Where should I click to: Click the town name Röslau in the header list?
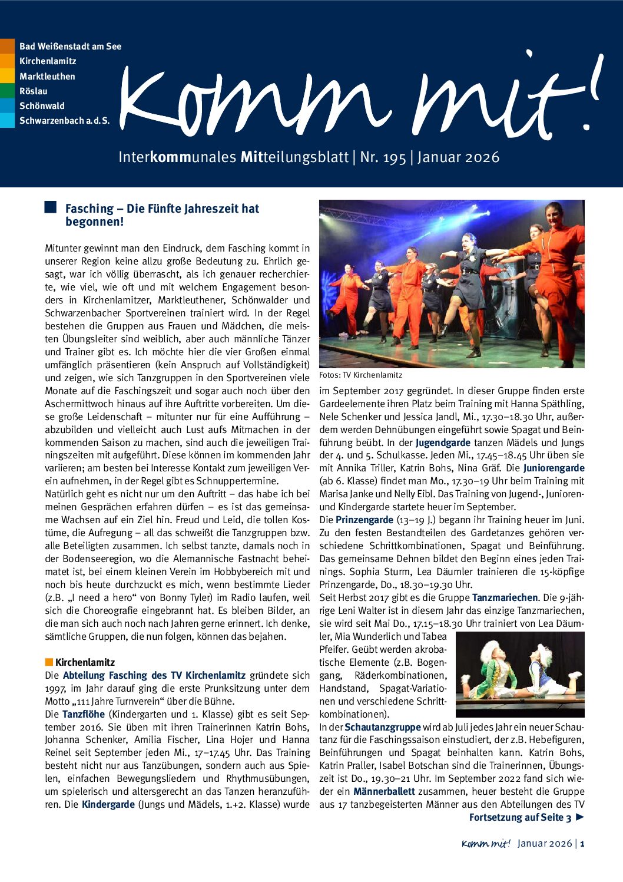coord(34,91)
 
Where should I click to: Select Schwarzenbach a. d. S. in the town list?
coord(64,121)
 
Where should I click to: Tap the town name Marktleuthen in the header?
coord(47,76)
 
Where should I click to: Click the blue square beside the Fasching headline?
coord(51,207)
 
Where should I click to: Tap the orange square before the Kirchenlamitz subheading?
coord(49,662)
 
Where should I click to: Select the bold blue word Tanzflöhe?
coord(84,714)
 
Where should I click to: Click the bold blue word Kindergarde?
coord(108,804)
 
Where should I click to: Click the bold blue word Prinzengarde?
coord(364,520)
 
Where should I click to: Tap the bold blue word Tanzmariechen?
coord(505,597)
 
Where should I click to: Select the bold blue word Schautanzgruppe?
coord(383,727)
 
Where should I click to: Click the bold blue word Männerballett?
coord(384,791)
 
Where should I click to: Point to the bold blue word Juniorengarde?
coord(554,468)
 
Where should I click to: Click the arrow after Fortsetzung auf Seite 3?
coord(580,817)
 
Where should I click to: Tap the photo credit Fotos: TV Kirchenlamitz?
coord(360,375)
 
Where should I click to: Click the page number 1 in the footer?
coord(582,844)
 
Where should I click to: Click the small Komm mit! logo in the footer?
coord(486,844)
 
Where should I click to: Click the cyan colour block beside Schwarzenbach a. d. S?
coord(7,121)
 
